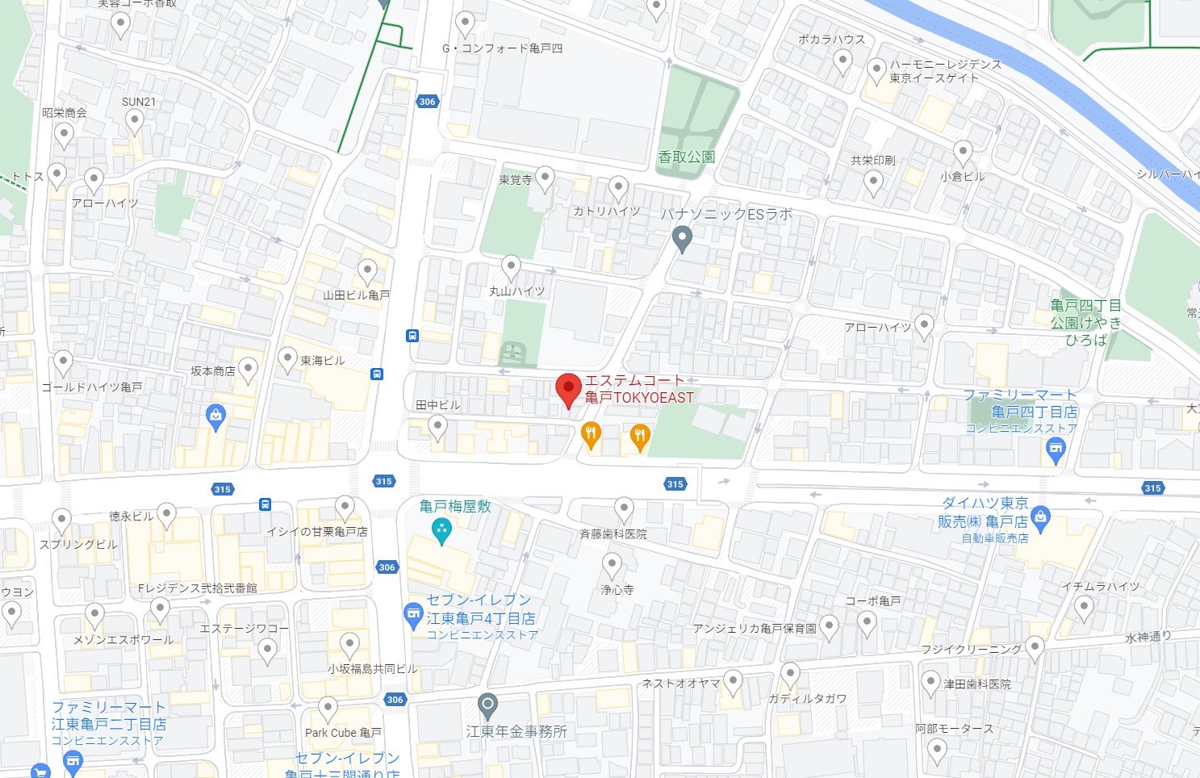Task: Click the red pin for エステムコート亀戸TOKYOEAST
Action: pos(569,389)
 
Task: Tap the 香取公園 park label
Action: pos(687,157)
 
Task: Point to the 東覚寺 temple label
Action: pos(515,180)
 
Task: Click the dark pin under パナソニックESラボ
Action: pos(682,239)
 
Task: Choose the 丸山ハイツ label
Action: pos(516,291)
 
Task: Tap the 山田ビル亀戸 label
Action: pos(356,295)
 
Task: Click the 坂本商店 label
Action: pos(213,371)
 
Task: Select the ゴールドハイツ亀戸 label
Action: pos(92,387)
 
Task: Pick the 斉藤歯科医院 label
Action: pos(613,534)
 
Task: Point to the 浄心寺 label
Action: pos(617,590)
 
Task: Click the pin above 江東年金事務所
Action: pos(487,706)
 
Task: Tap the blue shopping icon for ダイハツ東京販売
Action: pos(1040,517)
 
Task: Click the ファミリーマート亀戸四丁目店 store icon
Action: pos(1055,450)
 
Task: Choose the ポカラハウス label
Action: pos(831,39)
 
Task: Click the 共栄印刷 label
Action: pos(872,161)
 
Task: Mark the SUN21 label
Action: pos(138,102)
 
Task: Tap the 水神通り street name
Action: pos(1148,637)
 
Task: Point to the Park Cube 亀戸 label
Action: pos(343,733)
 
